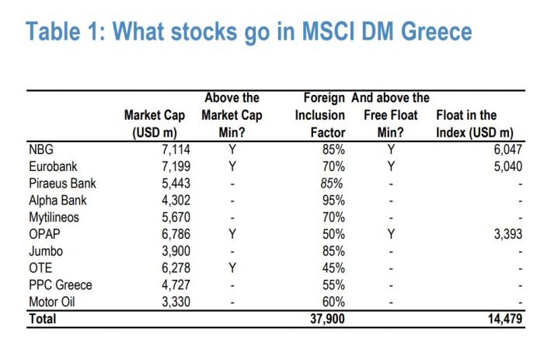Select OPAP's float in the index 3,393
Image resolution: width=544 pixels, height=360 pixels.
pyautogui.click(x=506, y=235)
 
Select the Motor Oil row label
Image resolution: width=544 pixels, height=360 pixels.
pyautogui.click(x=53, y=302)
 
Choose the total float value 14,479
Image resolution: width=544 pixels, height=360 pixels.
pyautogui.click(x=503, y=319)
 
